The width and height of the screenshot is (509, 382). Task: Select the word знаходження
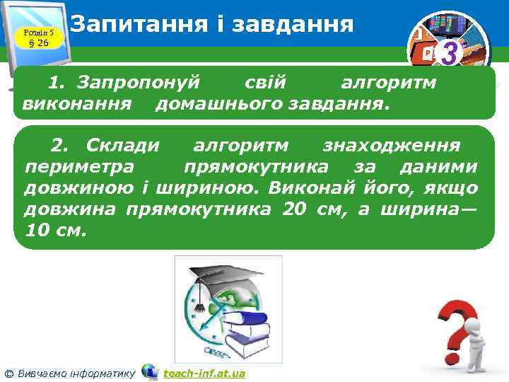click(391, 146)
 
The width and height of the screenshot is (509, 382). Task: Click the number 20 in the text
click(294, 209)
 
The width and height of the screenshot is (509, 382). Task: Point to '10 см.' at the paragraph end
click(56, 231)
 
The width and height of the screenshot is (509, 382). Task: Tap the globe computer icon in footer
click(150, 371)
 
